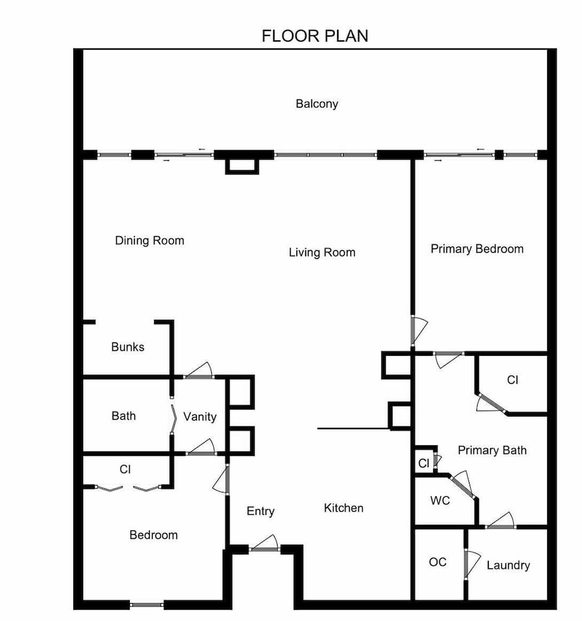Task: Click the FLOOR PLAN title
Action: pos(315,36)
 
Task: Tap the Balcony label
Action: pos(317,104)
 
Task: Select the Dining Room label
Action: pos(150,240)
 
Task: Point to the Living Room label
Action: pos(322,252)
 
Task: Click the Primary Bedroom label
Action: pos(477,249)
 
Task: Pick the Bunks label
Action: pos(127,347)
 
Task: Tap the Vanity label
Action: pos(199,417)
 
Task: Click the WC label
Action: pos(440,501)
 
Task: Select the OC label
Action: pos(437,562)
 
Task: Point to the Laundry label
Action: pos(508,565)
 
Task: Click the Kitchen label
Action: pos(343,508)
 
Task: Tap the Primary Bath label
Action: pos(492,450)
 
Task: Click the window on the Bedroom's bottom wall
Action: pos(147,605)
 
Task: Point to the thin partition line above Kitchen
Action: pos(353,428)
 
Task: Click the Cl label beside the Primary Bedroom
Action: pos(512,380)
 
